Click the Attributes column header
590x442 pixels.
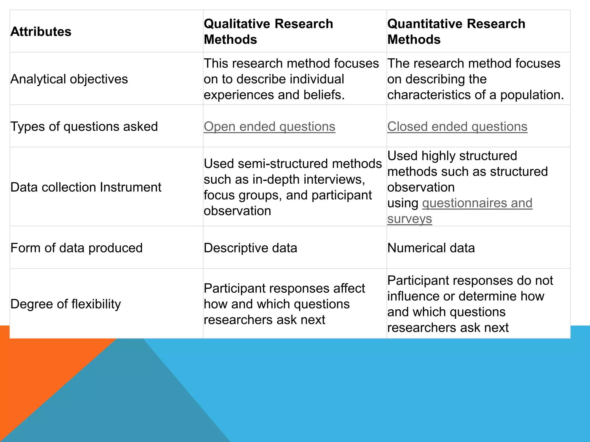coord(41,32)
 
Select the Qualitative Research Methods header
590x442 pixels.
coord(268,31)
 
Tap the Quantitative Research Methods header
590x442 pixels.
coord(456,31)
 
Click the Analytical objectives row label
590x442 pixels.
coord(69,79)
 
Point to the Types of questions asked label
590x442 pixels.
coord(84,127)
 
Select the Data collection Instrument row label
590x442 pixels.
coord(86,187)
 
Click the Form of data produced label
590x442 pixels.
coord(77,248)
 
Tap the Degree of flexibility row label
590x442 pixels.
coord(66,304)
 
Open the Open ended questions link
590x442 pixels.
coord(269,127)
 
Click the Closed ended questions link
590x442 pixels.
coord(457,127)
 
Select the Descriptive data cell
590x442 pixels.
coord(250,248)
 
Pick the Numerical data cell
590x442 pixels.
coord(431,248)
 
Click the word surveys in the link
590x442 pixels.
coord(409,219)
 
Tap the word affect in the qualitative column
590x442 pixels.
coord(349,288)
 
